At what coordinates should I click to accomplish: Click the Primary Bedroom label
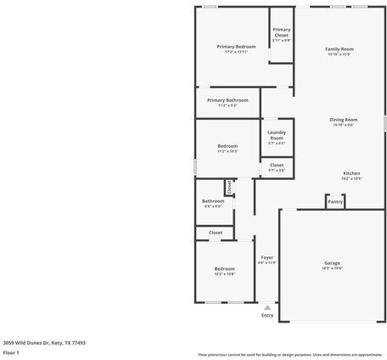click(236, 47)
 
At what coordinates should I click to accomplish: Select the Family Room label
click(339, 49)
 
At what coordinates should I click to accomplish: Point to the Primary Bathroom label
click(227, 100)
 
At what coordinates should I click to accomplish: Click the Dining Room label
click(344, 120)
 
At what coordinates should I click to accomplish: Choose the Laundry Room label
click(277, 134)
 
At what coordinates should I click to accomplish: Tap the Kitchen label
click(351, 173)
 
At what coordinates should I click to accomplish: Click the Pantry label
click(335, 202)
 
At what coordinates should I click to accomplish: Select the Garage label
click(332, 263)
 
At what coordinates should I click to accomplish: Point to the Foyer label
click(266, 257)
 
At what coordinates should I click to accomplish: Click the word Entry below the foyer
click(267, 315)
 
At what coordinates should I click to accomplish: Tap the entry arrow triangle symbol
click(267, 307)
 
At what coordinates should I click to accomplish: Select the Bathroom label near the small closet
click(213, 201)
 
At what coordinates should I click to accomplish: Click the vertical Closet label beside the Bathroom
click(229, 186)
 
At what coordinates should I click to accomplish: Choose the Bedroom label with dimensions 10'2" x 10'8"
click(224, 269)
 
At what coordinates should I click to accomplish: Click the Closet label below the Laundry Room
click(277, 166)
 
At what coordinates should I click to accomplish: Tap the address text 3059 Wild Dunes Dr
click(44, 343)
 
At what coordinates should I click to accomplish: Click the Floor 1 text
click(11, 352)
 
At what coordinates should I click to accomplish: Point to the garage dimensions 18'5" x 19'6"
click(332, 268)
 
